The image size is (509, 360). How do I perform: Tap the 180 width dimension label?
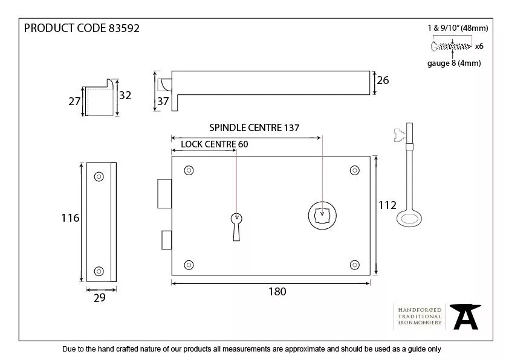(276, 292)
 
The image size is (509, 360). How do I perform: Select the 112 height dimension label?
(387, 205)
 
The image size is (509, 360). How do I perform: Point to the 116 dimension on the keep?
(71, 218)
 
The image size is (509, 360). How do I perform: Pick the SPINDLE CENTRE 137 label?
(254, 127)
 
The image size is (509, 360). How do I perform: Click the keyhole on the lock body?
(236, 224)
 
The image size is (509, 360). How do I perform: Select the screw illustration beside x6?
(451, 46)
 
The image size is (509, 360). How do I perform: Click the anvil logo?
(467, 317)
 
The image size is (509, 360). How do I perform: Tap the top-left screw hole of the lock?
(189, 170)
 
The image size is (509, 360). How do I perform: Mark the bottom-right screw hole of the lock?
(354, 265)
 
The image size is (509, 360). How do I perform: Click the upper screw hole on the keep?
(98, 176)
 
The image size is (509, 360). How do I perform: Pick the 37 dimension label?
(163, 101)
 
